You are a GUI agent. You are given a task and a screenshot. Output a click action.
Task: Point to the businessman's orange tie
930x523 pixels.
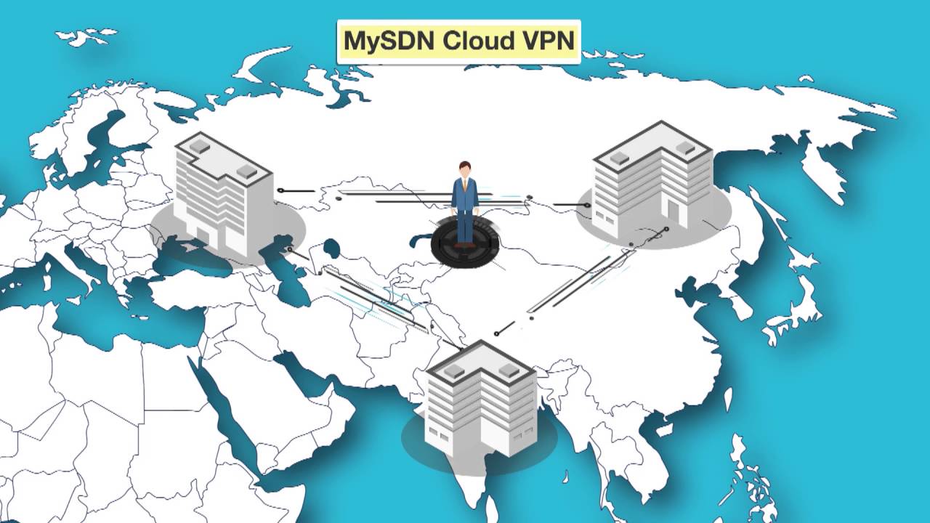point(465,185)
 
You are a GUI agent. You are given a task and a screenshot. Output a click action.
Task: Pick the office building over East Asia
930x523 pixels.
point(652,178)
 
